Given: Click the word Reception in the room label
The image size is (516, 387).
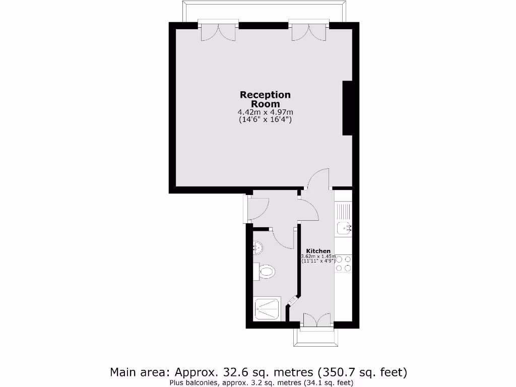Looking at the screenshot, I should [265, 95].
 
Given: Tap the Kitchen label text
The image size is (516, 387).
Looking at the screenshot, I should [318, 251].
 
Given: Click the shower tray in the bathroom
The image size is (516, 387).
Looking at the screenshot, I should [267, 308].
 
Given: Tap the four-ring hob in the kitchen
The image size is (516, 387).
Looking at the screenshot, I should [343, 264].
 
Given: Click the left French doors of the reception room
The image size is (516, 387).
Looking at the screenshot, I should [218, 31].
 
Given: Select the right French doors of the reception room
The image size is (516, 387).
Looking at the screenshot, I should [309, 31].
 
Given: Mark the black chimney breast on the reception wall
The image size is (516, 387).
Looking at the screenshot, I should [347, 108].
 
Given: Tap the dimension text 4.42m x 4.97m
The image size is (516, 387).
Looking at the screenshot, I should [265, 112].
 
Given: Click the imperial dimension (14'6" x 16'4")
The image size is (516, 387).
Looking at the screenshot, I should [265, 120].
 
